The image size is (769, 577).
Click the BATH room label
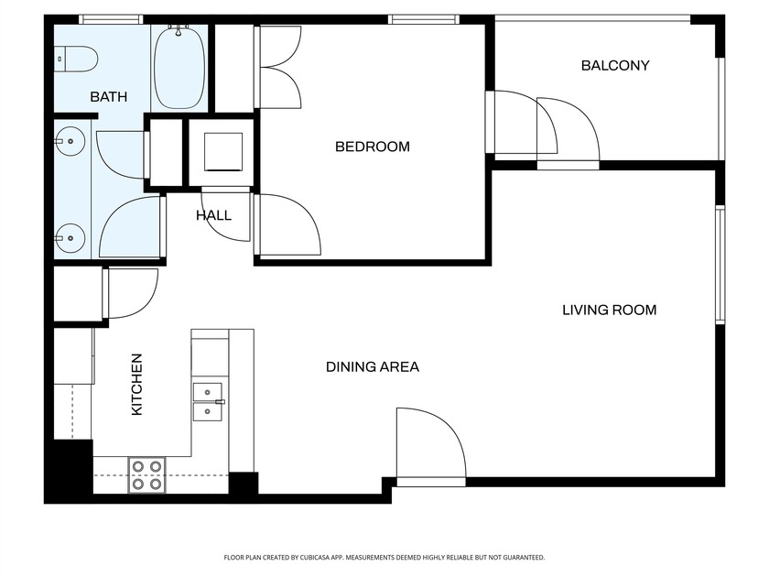coord(108,96)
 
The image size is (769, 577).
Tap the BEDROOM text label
coord(372,147)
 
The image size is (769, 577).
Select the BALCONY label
coord(615,66)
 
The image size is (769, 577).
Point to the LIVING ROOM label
coord(609,310)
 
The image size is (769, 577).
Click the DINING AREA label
coord(373,367)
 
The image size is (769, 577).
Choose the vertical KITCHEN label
coord(136,385)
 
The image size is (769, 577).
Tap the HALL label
coord(213,216)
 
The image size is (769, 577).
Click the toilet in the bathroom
coord(75,60)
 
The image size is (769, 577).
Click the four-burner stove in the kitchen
coord(146,474)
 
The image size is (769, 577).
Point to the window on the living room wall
coord(720,265)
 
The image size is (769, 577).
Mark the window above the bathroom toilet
coord(111,18)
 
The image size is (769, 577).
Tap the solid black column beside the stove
coord(243,484)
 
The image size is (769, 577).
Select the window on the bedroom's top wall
coord(423,18)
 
